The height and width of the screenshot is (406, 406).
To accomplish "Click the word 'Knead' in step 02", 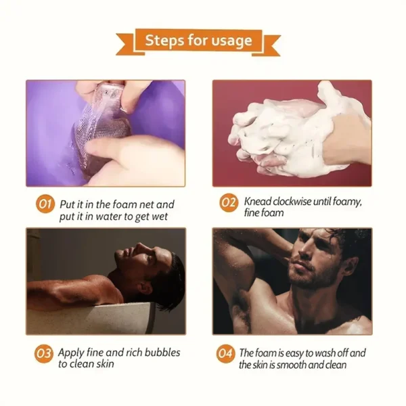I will click(258, 201).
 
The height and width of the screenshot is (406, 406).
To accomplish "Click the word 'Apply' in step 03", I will click(72, 353).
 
